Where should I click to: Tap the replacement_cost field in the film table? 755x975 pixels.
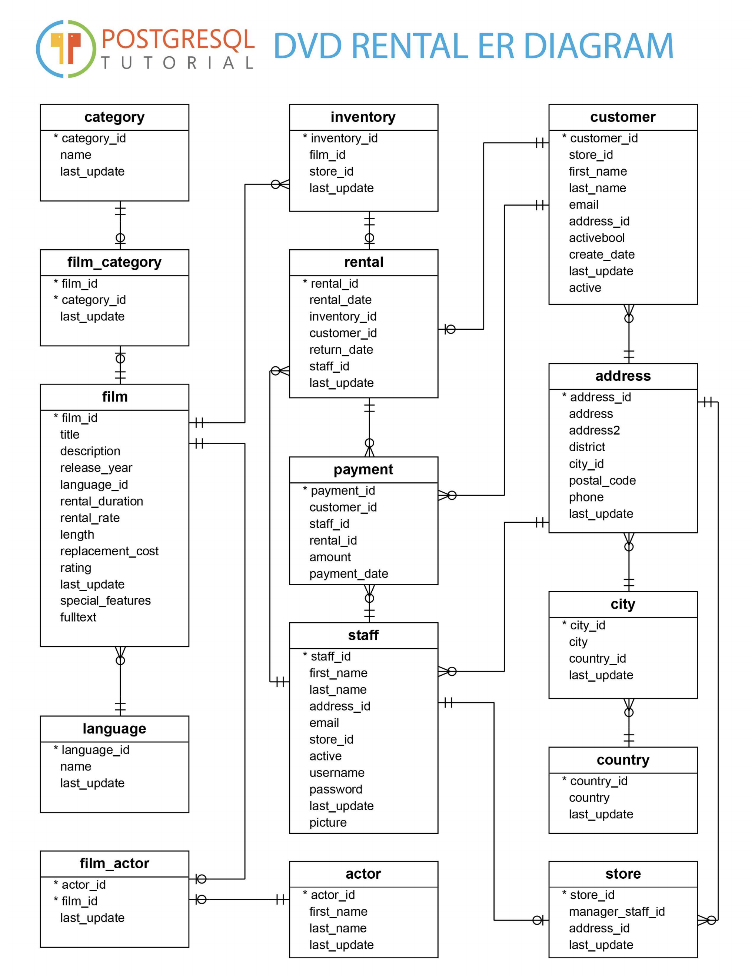point(109,551)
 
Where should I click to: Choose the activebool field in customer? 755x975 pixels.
point(596,238)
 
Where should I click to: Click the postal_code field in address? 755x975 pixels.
point(602,480)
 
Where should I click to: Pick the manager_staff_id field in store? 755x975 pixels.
point(616,911)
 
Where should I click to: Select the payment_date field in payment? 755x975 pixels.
point(348,574)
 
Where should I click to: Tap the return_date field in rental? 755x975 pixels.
point(341,350)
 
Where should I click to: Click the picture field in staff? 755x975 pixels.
point(328,822)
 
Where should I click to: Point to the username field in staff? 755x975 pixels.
point(337,772)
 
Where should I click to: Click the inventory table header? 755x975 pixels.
point(363,117)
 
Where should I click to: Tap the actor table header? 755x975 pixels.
point(363,873)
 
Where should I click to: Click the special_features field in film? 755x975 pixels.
point(105,600)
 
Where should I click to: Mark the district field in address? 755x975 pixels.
point(587,447)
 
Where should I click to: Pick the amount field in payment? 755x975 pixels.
point(330,557)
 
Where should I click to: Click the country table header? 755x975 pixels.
point(623,760)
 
